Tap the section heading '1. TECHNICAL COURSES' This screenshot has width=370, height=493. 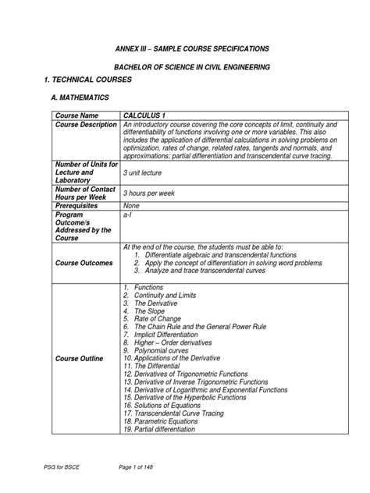[x=68, y=81]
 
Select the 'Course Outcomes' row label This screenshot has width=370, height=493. [x=84, y=263]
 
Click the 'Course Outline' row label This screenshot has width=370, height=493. [x=81, y=359]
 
